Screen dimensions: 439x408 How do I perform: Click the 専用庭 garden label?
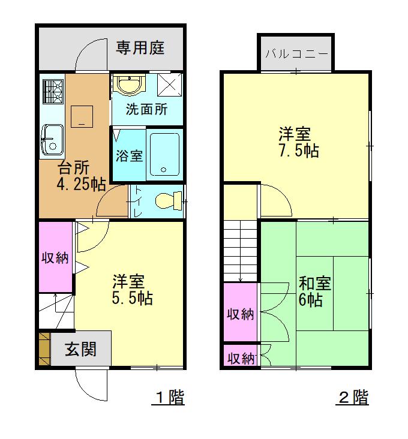[140, 47]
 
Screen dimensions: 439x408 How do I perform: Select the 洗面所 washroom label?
[146, 110]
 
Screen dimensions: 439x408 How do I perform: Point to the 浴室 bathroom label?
[129, 155]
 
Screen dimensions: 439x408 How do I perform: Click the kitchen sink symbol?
[52, 139]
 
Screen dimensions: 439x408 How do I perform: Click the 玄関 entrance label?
[80, 349]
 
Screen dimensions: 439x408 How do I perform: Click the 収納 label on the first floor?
[55, 258]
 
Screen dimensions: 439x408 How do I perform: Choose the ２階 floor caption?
[353, 397]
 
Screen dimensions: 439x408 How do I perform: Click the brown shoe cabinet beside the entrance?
[44, 349]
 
